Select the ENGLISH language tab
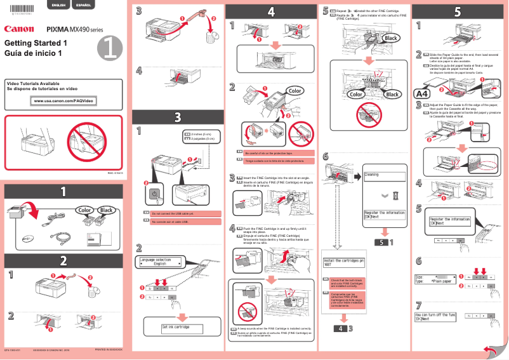(x=58, y=5)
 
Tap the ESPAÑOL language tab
(x=82, y=5)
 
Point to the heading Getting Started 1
(x=36, y=43)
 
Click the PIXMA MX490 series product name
(x=74, y=29)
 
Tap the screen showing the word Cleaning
(x=384, y=176)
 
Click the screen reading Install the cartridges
(x=343, y=262)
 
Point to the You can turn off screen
(x=435, y=316)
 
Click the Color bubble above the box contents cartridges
(x=84, y=210)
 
